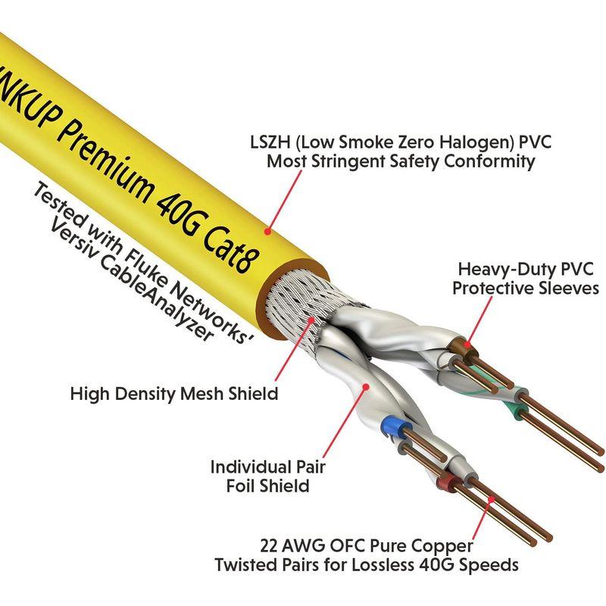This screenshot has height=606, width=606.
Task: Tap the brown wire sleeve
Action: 456,349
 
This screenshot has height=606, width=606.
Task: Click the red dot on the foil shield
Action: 367,386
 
